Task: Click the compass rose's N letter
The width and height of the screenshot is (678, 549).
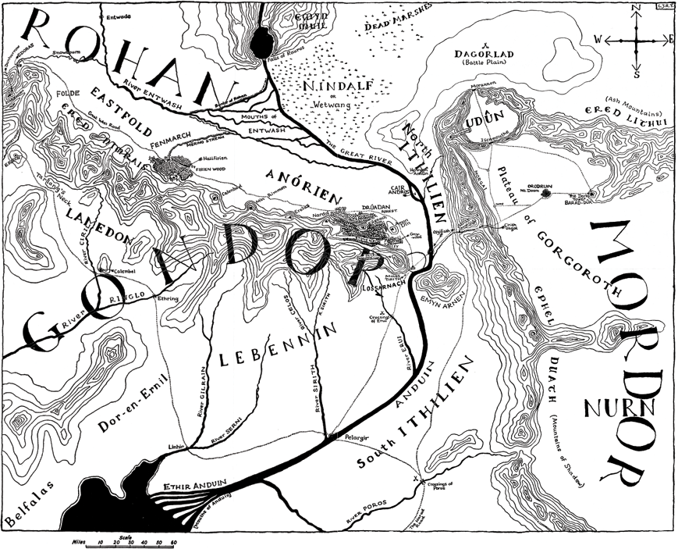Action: point(637,9)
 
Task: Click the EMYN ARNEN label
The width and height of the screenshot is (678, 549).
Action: point(444,294)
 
